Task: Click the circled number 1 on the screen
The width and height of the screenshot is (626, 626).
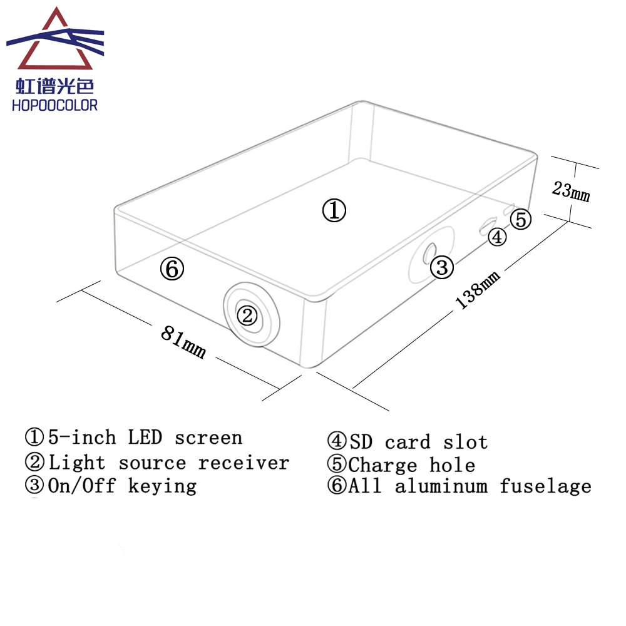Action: pos(334,211)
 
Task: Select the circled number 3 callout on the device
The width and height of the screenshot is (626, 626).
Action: pos(442,268)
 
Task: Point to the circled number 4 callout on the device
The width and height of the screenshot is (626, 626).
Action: pos(496,237)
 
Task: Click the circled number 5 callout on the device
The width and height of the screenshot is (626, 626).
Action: pos(521,219)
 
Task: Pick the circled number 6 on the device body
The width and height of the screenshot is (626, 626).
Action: pos(172,269)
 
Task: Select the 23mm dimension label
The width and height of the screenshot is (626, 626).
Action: pos(571,190)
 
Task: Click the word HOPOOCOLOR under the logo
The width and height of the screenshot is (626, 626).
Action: pos(55,105)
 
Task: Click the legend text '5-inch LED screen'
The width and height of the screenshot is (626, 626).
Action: pos(145,437)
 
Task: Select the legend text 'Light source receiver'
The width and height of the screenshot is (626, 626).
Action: pos(169,463)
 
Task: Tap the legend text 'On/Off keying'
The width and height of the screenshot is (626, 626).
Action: pos(122,486)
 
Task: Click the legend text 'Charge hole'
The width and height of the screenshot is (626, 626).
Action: pos(412,465)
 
